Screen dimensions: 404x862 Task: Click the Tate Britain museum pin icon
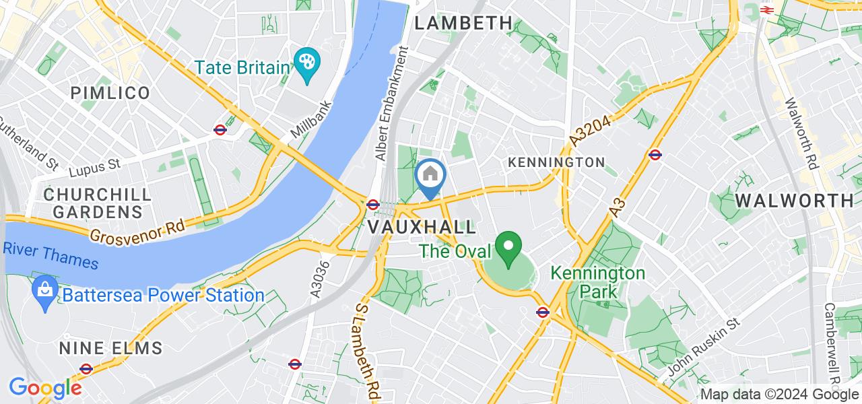pyautogui.click(x=306, y=63)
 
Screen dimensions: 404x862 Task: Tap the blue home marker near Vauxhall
pyautogui.click(x=430, y=176)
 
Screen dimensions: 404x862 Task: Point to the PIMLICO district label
pyautogui.click(x=110, y=93)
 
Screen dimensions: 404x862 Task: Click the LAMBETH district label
pyautogui.click(x=463, y=23)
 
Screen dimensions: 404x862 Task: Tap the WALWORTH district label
pyautogui.click(x=785, y=200)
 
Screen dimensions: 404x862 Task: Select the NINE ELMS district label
pyautogui.click(x=110, y=348)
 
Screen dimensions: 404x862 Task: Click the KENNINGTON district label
pyautogui.click(x=556, y=162)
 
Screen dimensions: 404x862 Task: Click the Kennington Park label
pyautogui.click(x=598, y=283)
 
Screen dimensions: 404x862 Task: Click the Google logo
pyautogui.click(x=45, y=389)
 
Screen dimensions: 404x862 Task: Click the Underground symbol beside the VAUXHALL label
pyautogui.click(x=373, y=204)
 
